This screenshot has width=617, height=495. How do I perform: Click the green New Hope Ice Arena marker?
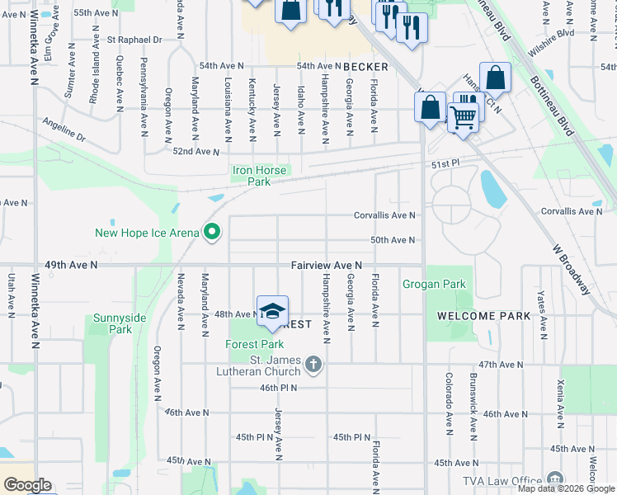click(212, 233)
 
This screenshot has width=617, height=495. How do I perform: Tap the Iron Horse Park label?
click(258, 176)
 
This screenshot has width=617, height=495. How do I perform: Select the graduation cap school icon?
click(272, 312)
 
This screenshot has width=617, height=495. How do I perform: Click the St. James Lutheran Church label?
click(277, 364)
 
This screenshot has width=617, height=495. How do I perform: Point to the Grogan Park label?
click(434, 285)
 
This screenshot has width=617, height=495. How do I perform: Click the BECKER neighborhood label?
click(365, 66)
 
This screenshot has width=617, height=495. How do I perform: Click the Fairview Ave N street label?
click(327, 266)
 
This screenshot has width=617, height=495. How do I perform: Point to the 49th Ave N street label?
click(71, 265)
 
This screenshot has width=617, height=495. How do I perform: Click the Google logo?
click(26, 485)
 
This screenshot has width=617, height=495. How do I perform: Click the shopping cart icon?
click(462, 118)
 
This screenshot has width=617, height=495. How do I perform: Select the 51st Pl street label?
click(443, 165)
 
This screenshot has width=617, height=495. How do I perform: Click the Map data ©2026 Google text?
click(566, 488)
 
